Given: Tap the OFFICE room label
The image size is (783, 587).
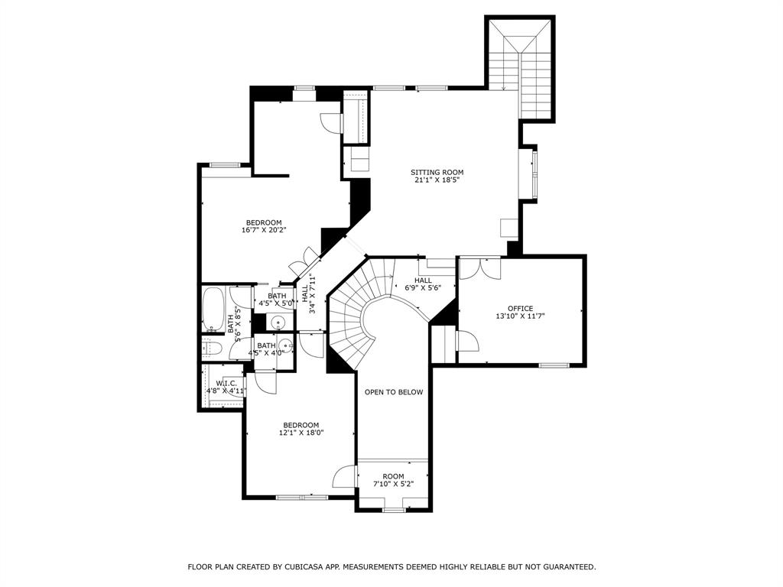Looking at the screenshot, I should tap(520, 309).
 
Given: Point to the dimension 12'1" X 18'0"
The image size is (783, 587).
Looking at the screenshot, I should tap(301, 433).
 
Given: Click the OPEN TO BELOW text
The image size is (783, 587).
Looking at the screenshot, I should tap(394, 392).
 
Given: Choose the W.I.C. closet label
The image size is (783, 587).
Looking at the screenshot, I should tap(226, 383).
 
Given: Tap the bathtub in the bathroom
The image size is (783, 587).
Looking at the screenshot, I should tap(212, 310).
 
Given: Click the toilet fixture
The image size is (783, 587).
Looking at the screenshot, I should tap(213, 349).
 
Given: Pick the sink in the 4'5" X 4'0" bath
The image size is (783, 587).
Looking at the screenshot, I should tap(284, 345).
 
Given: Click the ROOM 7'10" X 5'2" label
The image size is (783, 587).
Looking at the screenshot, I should tap(393, 480).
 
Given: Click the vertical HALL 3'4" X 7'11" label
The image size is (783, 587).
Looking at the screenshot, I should tap(308, 298).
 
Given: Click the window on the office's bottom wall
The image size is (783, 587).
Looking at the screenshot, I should tap(554, 365).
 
